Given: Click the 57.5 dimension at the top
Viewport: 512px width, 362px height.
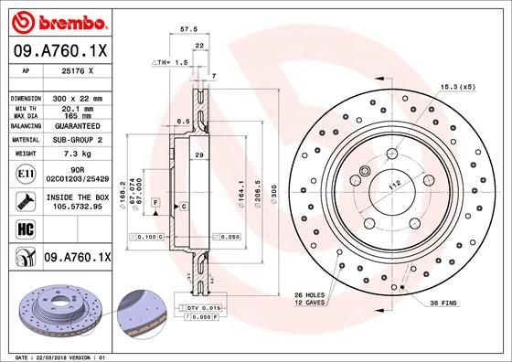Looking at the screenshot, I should [x=189, y=29].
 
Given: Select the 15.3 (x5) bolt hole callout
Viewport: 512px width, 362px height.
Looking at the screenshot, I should [x=458, y=87].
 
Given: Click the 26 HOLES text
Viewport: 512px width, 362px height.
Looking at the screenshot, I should [x=310, y=295].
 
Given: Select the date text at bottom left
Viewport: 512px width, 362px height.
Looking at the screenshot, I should [x=59, y=355].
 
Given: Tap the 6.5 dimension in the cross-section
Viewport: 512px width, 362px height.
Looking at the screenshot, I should [x=183, y=121].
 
